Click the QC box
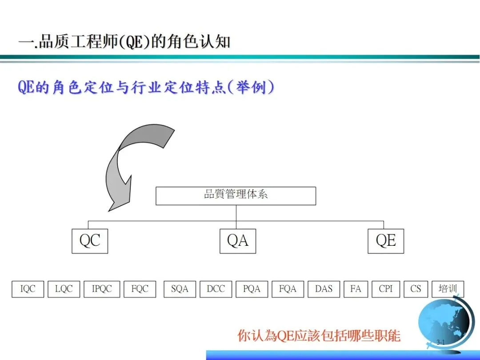[90, 241]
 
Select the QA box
[238, 241]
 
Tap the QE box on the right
[386, 241]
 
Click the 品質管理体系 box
[236, 196]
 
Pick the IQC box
[28, 289]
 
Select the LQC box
[64, 289]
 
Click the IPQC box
[102, 289]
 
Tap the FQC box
[140, 289]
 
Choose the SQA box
[180, 289]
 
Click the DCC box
[216, 289]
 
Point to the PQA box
[252, 289]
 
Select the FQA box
[288, 289]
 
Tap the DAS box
[324, 289]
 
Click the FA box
[356, 289]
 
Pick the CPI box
[386, 289]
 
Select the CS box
[416, 289]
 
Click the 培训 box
[448, 289]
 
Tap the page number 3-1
[441, 342]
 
